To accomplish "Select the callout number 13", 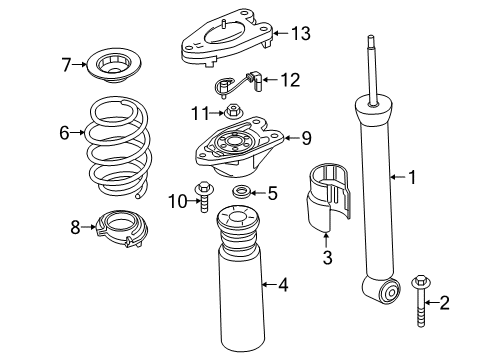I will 300,33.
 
